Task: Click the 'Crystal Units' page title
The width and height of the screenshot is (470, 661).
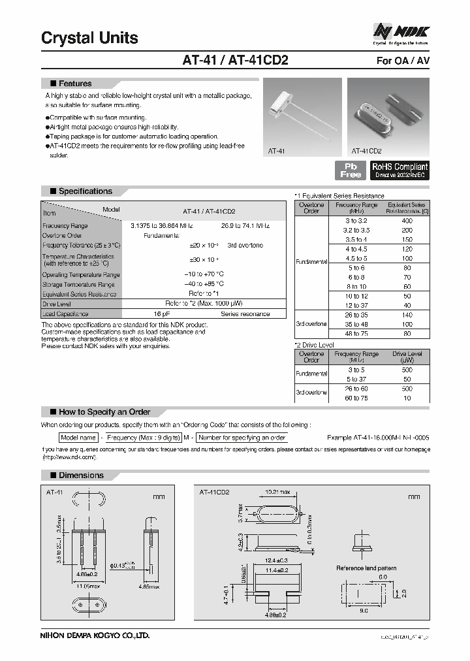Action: pos(89,38)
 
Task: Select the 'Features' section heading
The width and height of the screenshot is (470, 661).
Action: pos(75,84)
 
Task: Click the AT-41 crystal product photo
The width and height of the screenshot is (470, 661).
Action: pos(302,116)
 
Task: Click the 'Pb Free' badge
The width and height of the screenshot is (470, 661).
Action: pos(351,170)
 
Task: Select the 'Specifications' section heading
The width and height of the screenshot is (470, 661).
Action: pos(85,191)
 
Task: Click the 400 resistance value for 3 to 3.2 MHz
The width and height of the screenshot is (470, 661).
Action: pos(407,221)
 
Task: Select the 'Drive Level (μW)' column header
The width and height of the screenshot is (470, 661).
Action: pos(407,357)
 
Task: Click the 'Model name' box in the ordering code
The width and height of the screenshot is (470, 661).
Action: pos(78,438)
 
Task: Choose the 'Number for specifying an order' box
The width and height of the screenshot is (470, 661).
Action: pos(242,438)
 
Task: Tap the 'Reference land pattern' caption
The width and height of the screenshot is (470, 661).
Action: pos(366,568)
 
